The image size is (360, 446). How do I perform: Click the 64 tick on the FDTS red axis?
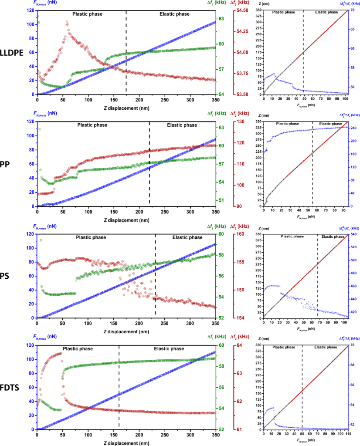click(x=236, y=345)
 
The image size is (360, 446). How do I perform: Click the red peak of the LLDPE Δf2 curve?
click(x=67, y=21)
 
